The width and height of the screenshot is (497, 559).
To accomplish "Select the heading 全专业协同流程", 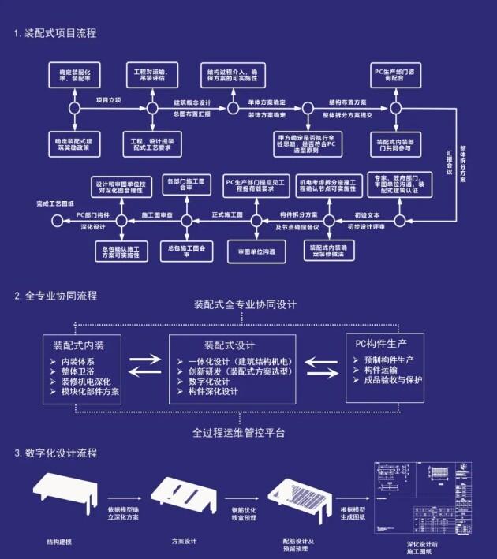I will tap(54, 296).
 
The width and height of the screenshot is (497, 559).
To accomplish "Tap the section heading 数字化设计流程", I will tap(54, 453).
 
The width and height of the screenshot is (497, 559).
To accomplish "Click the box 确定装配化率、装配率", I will tap(76, 76).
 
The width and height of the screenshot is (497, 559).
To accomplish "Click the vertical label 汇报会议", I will tap(449, 161).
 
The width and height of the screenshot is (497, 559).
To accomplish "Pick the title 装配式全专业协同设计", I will tap(245, 305).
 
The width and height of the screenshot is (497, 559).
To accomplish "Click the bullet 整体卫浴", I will tap(80, 371).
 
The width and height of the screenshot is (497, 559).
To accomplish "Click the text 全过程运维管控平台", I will tap(239, 433).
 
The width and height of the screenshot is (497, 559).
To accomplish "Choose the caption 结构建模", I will tap(59, 542).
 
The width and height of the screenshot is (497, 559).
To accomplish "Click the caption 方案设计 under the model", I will tap(184, 542).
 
